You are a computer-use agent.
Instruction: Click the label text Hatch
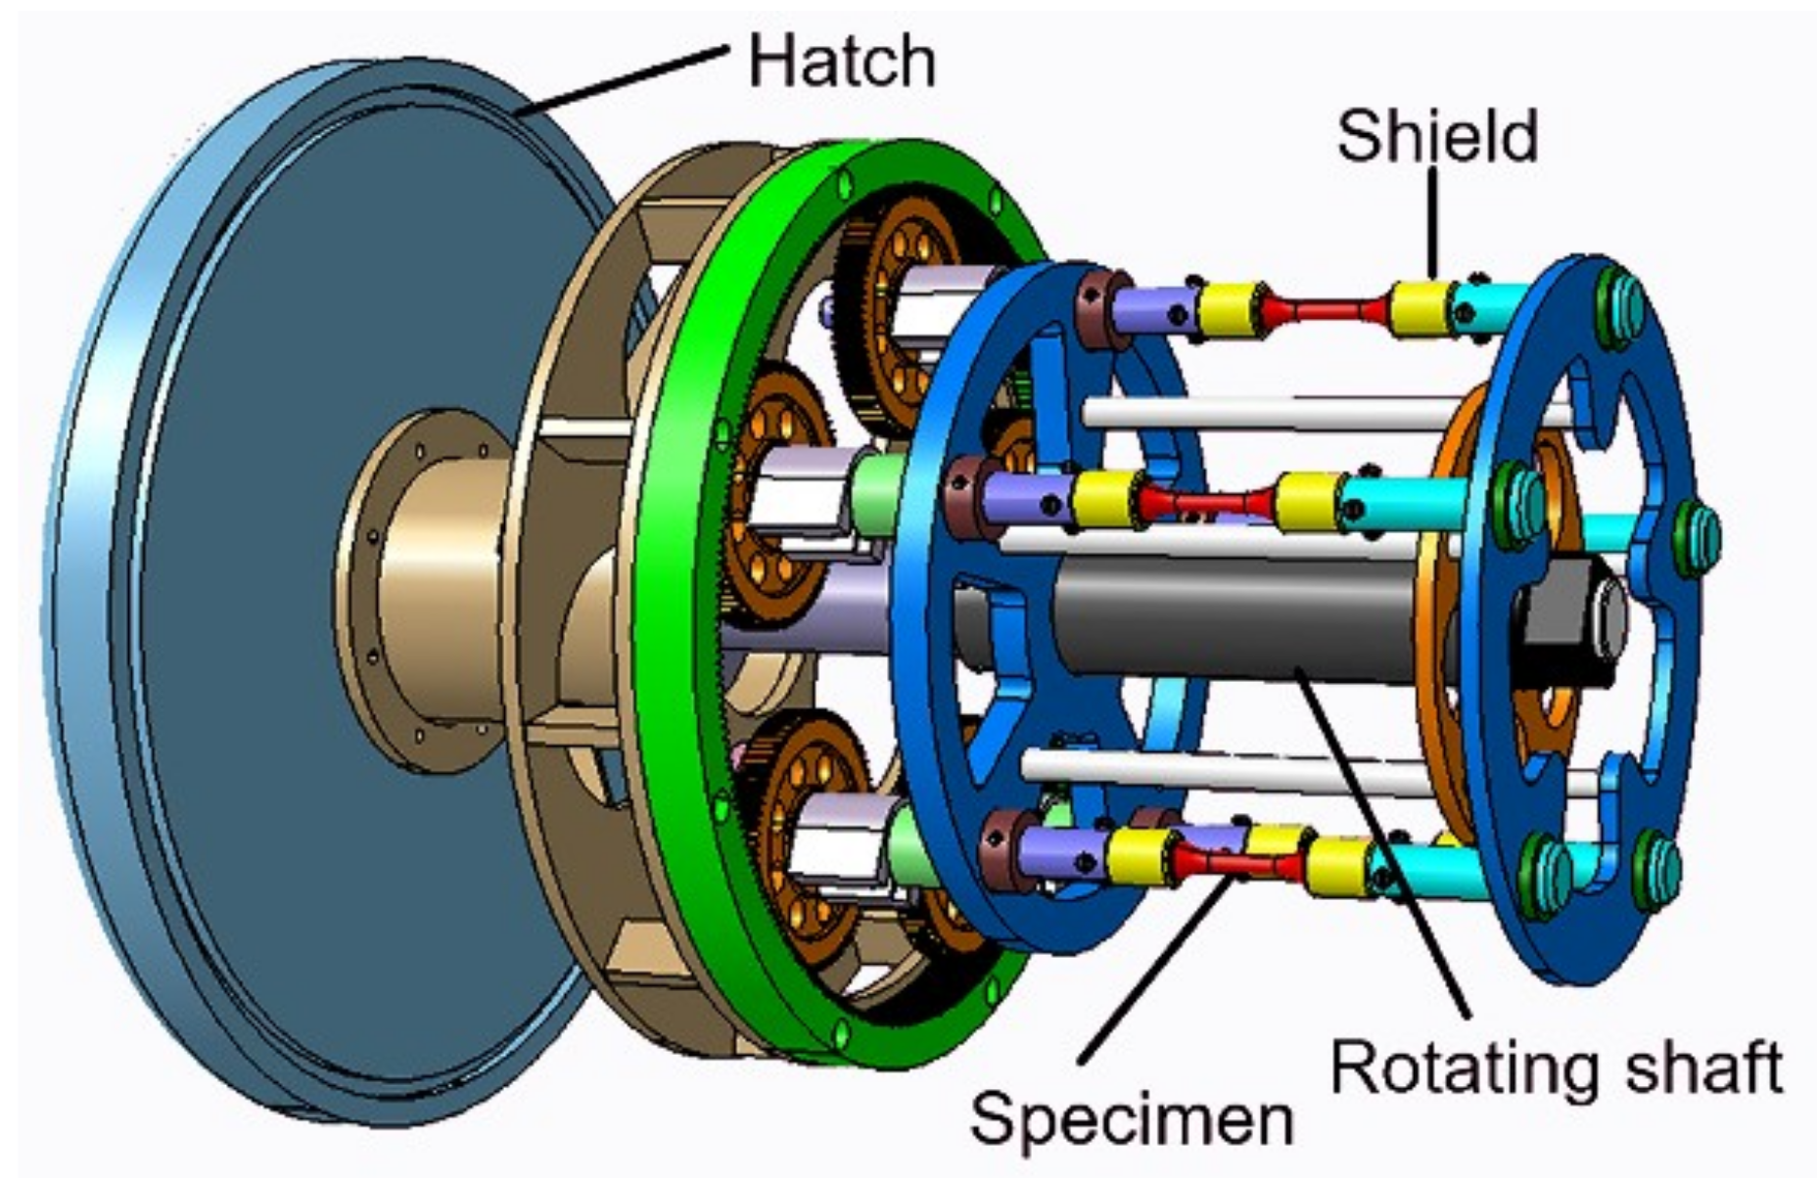840,61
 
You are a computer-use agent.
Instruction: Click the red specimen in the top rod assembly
1327,312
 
